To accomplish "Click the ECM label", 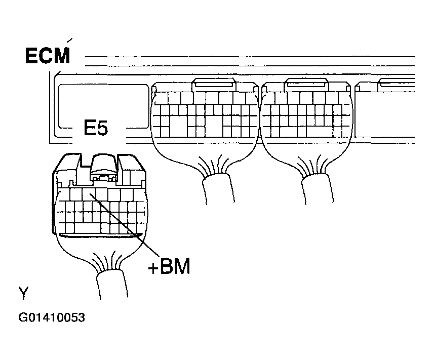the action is [x=47, y=56].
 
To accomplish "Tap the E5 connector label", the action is [x=96, y=128].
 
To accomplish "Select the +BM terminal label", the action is [x=169, y=266].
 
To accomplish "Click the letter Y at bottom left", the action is [x=23, y=293].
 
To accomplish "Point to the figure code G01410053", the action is [x=52, y=317].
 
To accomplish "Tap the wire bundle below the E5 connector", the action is [x=112, y=285].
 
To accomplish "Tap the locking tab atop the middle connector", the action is [x=214, y=85].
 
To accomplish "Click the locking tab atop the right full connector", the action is [x=306, y=85].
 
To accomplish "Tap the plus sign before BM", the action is [x=152, y=268].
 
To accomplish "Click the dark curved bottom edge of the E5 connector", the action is [x=101, y=235].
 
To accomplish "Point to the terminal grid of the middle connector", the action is [x=205, y=114].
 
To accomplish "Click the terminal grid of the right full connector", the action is [x=306, y=114].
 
